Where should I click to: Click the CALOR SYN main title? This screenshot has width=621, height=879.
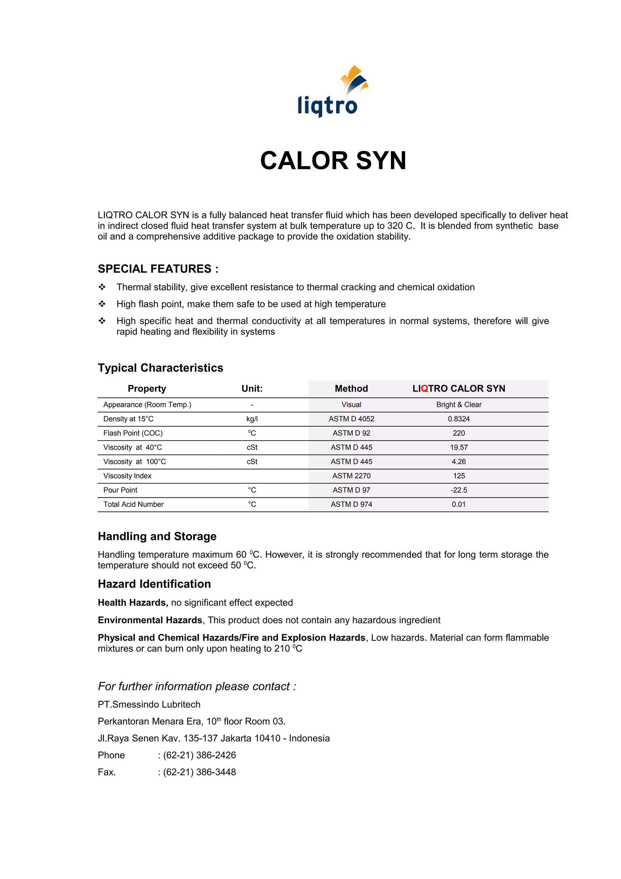point(333,160)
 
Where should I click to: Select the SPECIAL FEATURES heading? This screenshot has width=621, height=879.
point(158,269)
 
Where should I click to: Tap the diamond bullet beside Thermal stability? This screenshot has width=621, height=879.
point(102,287)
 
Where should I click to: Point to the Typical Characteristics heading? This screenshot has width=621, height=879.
point(160,368)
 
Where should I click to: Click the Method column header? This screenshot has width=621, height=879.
point(351,389)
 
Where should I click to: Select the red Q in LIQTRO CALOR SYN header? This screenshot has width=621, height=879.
point(424,389)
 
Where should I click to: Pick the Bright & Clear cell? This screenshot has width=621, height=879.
point(458,405)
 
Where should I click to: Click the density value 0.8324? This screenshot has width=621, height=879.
point(458,419)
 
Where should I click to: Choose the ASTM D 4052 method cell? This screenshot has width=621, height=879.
point(351,419)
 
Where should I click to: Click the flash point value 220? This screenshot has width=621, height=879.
point(458,433)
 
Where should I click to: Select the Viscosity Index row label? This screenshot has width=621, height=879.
point(127,476)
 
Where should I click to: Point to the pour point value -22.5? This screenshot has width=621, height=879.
point(458,490)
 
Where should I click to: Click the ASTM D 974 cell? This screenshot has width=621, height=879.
point(351,504)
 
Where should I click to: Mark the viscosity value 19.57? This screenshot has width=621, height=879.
point(458,447)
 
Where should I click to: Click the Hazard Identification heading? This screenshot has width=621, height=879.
point(154,584)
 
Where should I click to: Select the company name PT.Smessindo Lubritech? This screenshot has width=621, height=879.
point(149,704)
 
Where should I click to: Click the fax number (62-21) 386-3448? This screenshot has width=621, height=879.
point(199,772)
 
